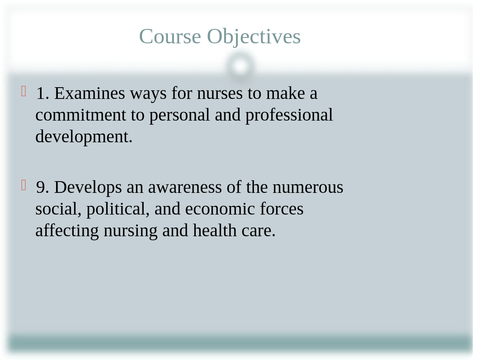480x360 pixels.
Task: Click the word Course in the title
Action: click(170, 37)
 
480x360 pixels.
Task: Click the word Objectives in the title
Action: click(254, 37)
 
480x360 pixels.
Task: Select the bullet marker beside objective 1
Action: click(24, 91)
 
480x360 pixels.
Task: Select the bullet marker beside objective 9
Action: click(24, 185)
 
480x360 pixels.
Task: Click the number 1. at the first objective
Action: click(42, 94)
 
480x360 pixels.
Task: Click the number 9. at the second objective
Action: click(42, 187)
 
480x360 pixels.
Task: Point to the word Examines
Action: click(89, 94)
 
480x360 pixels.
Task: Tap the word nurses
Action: click(220, 94)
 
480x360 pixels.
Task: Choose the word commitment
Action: click(81, 115)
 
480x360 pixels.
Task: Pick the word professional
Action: click(289, 116)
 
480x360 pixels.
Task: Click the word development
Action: click(84, 137)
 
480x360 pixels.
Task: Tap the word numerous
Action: click(308, 187)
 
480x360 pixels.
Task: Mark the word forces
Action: click(282, 209)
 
